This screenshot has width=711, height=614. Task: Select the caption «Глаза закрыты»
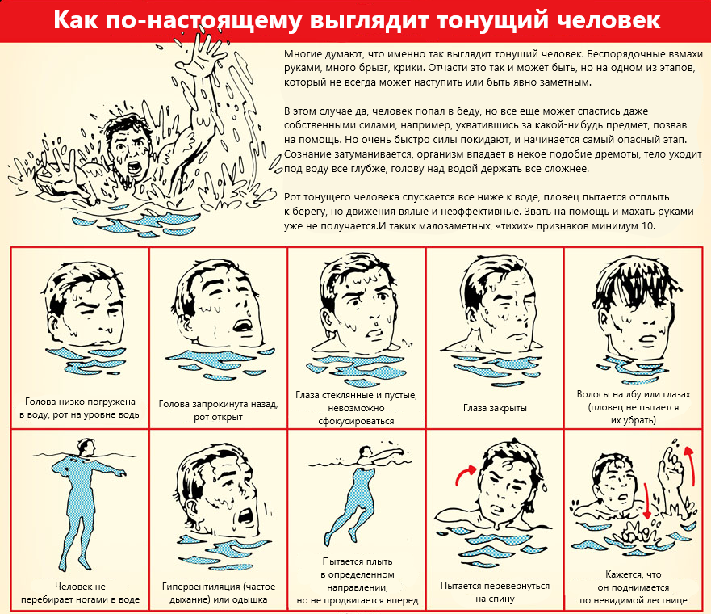[494, 408]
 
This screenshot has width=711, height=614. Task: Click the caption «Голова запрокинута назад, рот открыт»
[218, 410]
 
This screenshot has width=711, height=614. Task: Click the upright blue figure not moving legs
[81, 501]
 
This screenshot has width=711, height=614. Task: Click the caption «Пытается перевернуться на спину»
[494, 592]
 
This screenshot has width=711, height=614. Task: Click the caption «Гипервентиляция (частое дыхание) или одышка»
[218, 592]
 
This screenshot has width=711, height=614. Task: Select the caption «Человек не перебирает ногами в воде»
[81, 592]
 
